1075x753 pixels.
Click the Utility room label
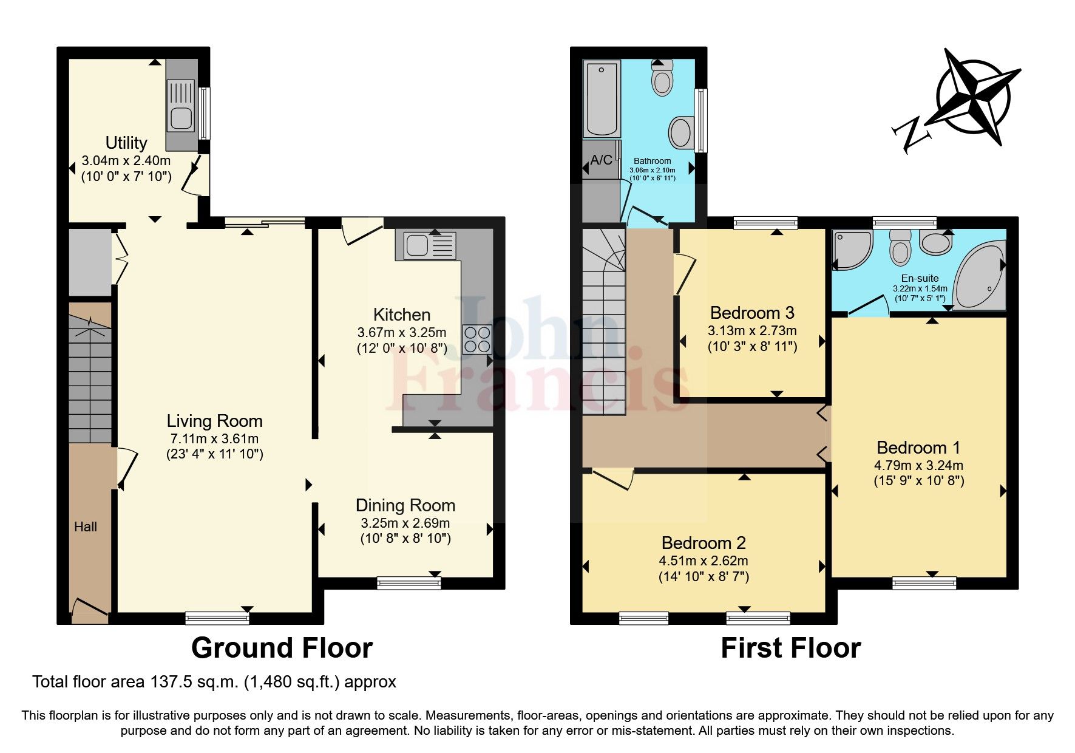tap(126, 143)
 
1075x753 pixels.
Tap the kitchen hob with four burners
tap(476, 339)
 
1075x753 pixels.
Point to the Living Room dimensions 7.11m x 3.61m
tap(214, 438)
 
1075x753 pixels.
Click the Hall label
tap(86, 527)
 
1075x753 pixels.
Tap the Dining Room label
tap(405, 505)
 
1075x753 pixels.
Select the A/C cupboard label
tap(601, 160)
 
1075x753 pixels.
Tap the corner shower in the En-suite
tap(848, 250)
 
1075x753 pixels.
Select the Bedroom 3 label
tap(752, 313)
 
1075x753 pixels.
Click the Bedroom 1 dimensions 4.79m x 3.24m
tap(918, 466)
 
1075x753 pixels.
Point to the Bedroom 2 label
tap(704, 543)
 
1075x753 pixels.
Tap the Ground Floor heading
tap(282, 648)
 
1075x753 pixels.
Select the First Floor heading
tap(790, 648)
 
